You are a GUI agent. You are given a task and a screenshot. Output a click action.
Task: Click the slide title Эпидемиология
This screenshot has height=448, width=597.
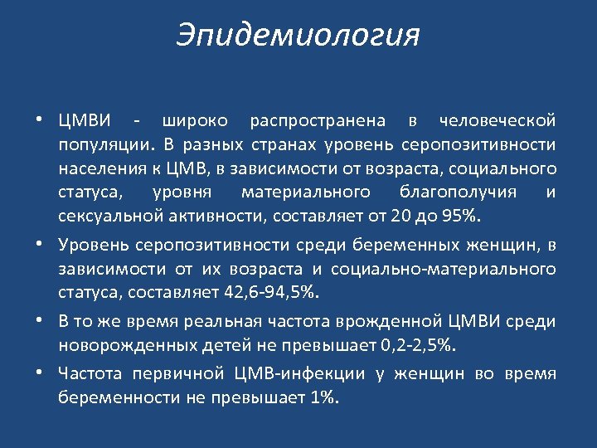[x=298, y=36]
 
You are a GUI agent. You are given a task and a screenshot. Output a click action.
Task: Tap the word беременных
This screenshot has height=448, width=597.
[x=397, y=246]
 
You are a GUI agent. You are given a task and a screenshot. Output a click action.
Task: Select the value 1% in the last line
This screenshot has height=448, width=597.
[x=324, y=398]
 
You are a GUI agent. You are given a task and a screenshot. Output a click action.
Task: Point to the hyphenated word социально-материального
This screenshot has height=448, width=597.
[x=443, y=270]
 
